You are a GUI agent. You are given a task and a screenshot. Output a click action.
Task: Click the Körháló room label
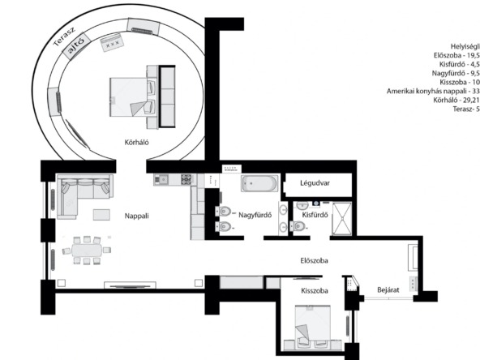(x=136, y=143)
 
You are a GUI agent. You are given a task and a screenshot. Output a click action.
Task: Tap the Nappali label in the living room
(x=136, y=216)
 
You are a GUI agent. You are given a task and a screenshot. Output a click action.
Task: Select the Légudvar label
(x=315, y=183)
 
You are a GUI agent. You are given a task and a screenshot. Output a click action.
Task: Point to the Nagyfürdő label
(x=255, y=215)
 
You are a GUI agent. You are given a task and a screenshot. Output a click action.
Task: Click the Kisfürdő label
(x=315, y=215)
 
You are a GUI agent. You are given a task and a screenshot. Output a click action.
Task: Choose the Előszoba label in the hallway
(x=314, y=260)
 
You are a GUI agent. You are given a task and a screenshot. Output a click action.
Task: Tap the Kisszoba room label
(x=315, y=290)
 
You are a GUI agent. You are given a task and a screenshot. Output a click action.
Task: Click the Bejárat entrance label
(x=388, y=289)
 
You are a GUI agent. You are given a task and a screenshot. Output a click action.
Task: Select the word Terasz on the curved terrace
(x=64, y=36)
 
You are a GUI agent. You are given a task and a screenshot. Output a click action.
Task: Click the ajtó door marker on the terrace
(x=76, y=46)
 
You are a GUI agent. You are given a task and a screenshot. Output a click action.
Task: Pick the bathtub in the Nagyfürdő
(x=259, y=183)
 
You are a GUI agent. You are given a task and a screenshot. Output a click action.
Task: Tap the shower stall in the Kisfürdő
(x=342, y=219)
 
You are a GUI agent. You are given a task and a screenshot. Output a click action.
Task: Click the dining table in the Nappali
(x=87, y=250)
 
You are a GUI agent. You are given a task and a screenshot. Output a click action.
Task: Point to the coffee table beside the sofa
(x=101, y=214)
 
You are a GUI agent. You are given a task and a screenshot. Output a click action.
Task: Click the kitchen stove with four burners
(x=186, y=179)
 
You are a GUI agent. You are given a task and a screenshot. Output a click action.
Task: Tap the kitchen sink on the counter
(x=161, y=179)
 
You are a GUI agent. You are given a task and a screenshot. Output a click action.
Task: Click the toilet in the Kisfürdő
(x=298, y=226)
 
